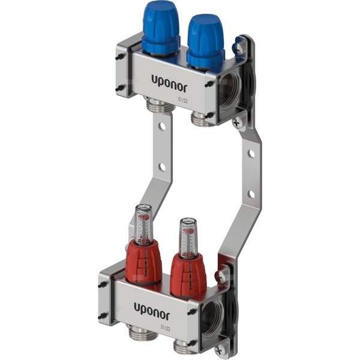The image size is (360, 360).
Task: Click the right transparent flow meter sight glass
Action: click(188, 235)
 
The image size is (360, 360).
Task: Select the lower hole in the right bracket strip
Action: click(250, 194)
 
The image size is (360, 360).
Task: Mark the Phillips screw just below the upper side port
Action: click(239, 122)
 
